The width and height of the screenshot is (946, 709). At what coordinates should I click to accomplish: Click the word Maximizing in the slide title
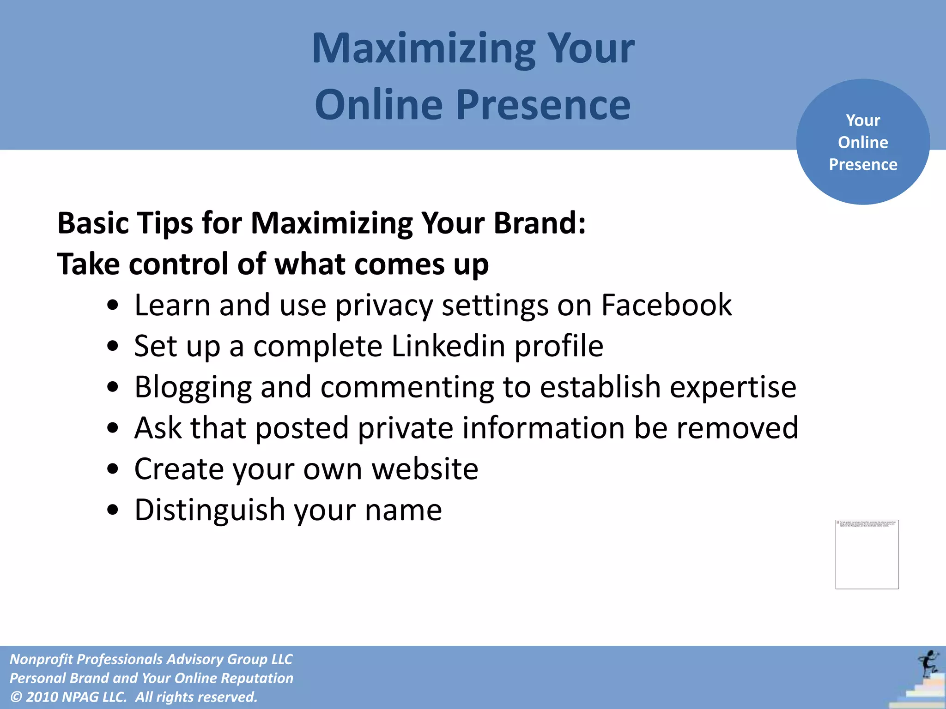(x=423, y=49)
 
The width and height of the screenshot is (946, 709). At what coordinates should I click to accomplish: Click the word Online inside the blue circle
(x=863, y=142)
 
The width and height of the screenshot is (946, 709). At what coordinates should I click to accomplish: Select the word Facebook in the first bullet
(x=666, y=305)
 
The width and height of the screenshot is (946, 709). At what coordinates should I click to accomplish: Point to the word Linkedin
(x=448, y=346)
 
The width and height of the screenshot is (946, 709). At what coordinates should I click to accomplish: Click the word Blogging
(x=193, y=387)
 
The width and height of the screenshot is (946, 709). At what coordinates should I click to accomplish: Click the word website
(x=425, y=469)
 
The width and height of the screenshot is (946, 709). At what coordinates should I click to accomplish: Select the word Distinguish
(x=210, y=510)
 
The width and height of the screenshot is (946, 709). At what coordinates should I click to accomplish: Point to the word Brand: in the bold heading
(x=540, y=223)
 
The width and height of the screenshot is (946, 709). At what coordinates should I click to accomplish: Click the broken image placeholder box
(x=867, y=554)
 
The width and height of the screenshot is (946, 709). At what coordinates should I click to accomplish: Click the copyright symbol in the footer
(x=16, y=697)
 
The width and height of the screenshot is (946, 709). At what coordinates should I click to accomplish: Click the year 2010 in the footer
(x=42, y=697)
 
